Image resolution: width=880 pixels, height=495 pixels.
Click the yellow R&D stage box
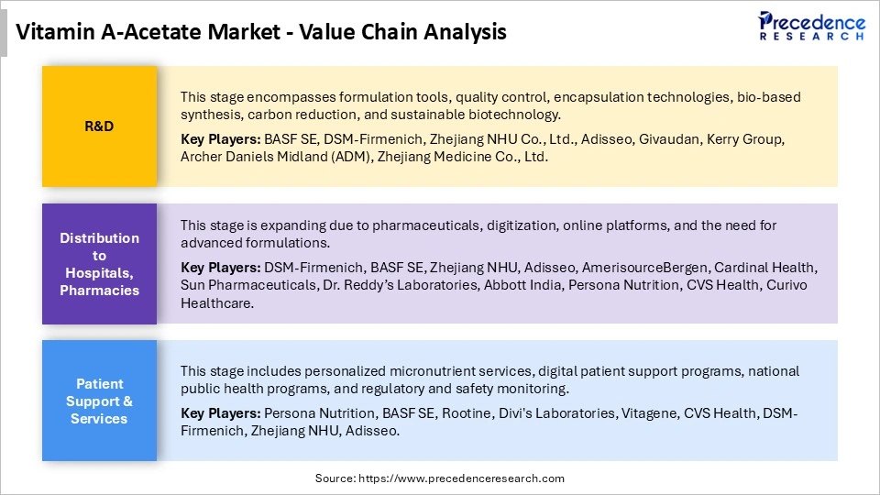[x=99, y=126]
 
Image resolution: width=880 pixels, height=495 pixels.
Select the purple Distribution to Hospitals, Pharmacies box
[x=99, y=264]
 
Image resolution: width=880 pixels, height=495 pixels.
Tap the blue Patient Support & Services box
[x=99, y=401]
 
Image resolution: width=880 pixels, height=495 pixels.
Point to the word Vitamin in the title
[x=53, y=32]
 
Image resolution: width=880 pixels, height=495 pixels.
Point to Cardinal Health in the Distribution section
[x=768, y=268]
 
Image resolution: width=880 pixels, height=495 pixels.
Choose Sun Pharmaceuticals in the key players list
[x=238, y=285]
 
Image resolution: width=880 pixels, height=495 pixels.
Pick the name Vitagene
[x=649, y=413]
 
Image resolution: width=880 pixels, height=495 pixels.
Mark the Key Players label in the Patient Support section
[x=220, y=413]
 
